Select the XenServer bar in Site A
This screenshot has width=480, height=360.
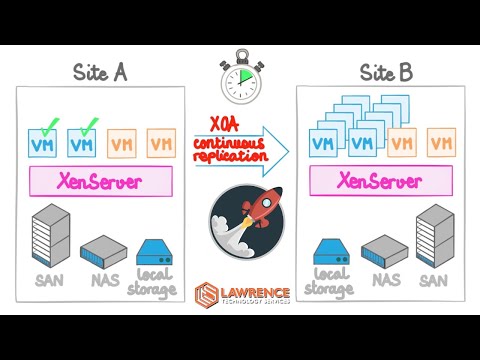point(101,181)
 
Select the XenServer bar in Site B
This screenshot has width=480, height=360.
point(384,181)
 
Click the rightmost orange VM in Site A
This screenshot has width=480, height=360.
point(160,143)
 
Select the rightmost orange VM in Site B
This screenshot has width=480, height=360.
point(440,143)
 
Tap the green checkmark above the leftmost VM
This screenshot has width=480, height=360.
point(47,124)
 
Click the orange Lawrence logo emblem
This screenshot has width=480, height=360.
point(209,294)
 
